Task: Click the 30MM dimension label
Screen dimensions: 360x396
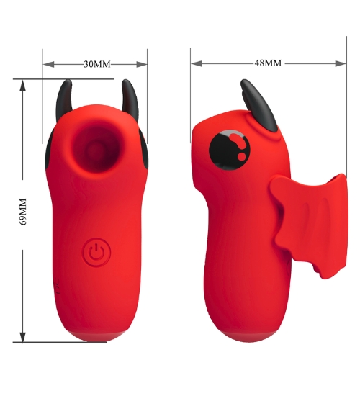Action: [x=97, y=64]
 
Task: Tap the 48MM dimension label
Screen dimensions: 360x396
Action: [x=268, y=63]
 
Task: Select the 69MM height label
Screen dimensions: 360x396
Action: [x=23, y=212]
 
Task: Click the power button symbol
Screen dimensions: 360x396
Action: [x=96, y=252]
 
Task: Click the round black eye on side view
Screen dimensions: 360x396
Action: [x=230, y=150]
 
